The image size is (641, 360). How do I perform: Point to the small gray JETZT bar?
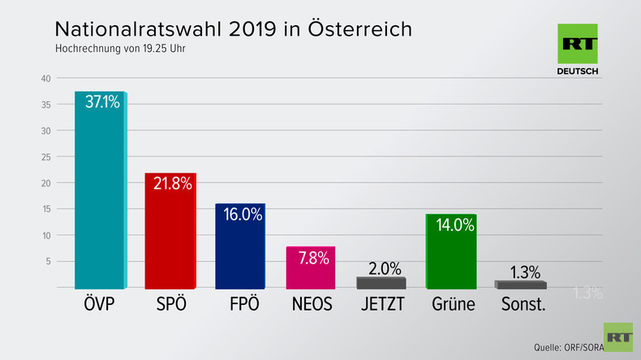click(381, 283)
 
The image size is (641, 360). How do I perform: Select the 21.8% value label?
click(172, 183)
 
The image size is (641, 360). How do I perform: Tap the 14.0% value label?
click(454, 225)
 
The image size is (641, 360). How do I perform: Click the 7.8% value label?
click(312, 257)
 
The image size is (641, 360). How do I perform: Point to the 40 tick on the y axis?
click(46, 79)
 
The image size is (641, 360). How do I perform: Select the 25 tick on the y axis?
click(46, 157)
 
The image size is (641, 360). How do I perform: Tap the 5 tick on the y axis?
click(49, 261)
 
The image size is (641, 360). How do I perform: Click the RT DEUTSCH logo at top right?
click(578, 50)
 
